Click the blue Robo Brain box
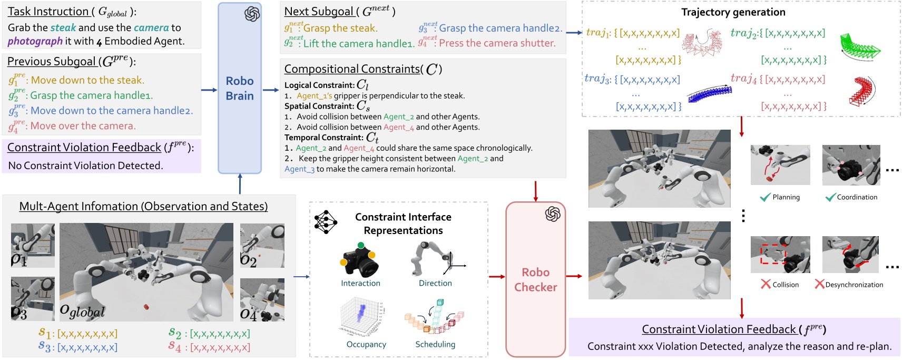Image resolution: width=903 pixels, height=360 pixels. [x=240, y=89]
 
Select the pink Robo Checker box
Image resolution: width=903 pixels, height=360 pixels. [x=535, y=279]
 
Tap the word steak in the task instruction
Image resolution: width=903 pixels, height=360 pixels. [x=63, y=27]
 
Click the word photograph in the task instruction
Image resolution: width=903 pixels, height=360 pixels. [x=35, y=41]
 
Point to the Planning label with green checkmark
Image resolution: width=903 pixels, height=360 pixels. [x=786, y=197]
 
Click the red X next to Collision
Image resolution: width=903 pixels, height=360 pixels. [x=765, y=284]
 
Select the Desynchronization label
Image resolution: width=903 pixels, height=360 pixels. [x=853, y=285]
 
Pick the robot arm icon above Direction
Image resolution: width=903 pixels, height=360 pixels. [x=432, y=258]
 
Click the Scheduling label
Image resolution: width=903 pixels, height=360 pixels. [x=435, y=344]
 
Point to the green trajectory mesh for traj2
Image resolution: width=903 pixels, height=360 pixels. [x=860, y=48]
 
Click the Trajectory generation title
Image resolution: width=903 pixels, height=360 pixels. [x=733, y=12]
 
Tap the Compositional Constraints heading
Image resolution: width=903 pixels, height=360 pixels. [x=352, y=69]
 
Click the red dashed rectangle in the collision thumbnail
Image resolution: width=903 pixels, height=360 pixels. [x=773, y=254]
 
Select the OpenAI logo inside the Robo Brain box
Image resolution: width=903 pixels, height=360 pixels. [x=252, y=14]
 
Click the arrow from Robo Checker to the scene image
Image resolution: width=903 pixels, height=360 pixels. [x=574, y=276]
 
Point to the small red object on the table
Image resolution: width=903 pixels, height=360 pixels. [x=146, y=306]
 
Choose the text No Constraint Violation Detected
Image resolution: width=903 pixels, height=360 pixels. [x=85, y=166]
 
